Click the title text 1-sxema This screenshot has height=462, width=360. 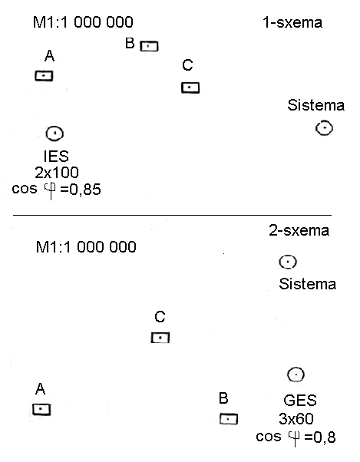[x=292, y=23]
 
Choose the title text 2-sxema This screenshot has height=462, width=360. [x=299, y=230]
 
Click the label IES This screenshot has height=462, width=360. [x=56, y=156]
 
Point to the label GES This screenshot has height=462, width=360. [x=300, y=401]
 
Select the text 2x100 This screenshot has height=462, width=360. [x=57, y=173]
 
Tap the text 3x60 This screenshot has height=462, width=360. [x=296, y=419]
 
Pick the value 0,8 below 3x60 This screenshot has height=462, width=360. [x=325, y=437]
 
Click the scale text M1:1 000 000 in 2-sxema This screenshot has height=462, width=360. [x=86, y=247]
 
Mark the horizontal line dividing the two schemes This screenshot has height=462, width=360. [x=173, y=215]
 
